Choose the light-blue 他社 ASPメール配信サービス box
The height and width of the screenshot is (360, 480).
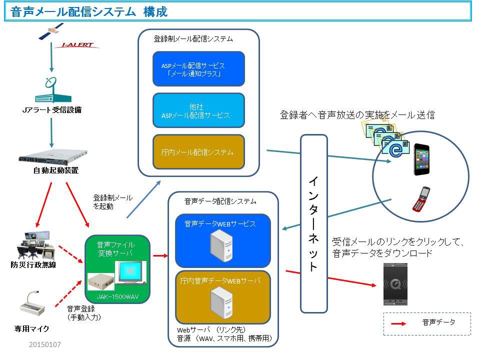[198, 111]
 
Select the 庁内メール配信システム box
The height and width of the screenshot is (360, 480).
[198, 151]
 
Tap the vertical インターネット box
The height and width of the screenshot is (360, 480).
[313, 223]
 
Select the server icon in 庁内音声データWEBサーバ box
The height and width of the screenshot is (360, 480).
[221, 300]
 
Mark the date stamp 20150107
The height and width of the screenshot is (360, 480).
[44, 344]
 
